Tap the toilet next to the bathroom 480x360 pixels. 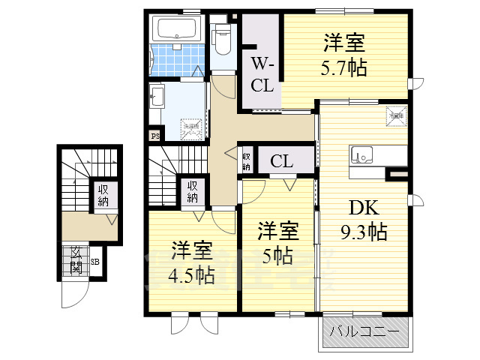click(x=222, y=37)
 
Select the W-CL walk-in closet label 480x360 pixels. click(x=262, y=73)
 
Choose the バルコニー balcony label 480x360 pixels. click(x=365, y=331)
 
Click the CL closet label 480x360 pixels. click(x=281, y=160)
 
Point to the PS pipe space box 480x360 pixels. click(x=154, y=136)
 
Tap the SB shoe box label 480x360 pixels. click(x=94, y=262)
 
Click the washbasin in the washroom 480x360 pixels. click(x=157, y=97)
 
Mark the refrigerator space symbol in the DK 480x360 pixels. click(x=395, y=116)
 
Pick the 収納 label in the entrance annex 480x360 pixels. click(x=103, y=196)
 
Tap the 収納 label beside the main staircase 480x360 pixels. click(x=193, y=192)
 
